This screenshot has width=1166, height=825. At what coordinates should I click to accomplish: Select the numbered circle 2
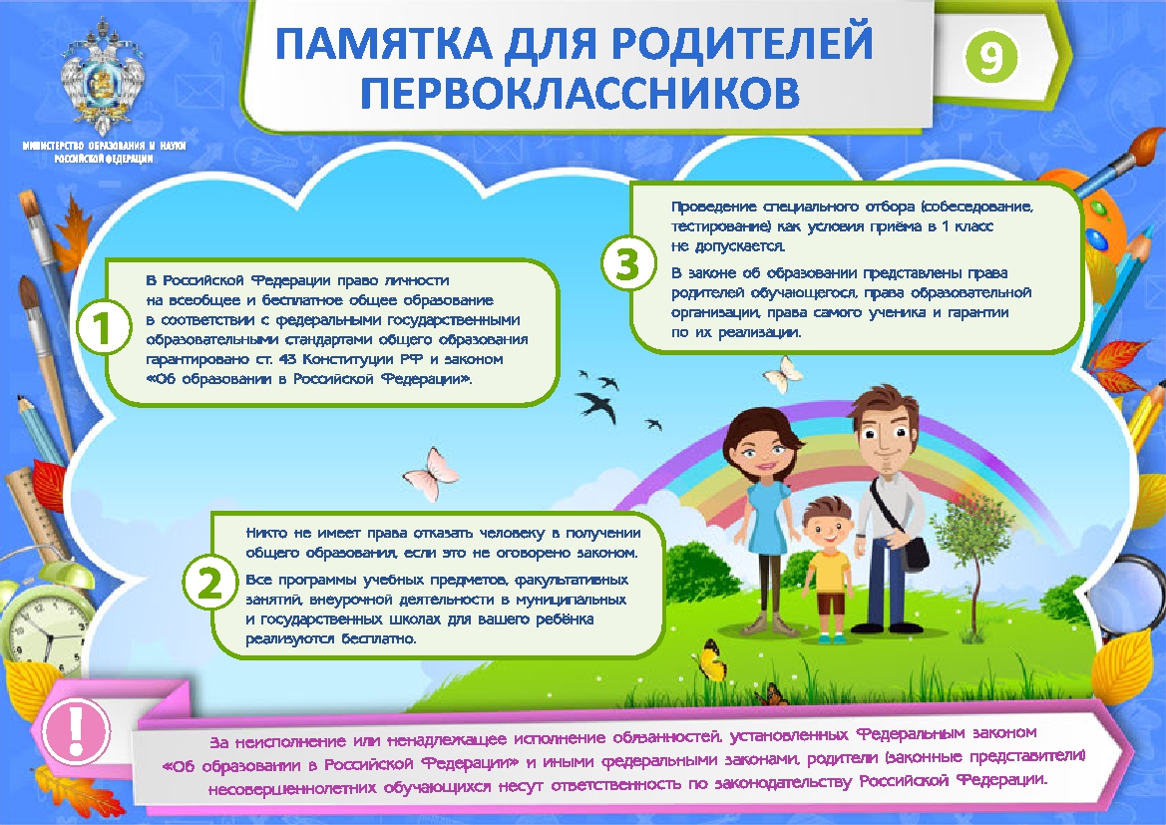click(x=209, y=584)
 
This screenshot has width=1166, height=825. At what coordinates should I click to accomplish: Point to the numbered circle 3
click(x=628, y=263)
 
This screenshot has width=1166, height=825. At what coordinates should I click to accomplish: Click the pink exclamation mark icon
click(x=75, y=730)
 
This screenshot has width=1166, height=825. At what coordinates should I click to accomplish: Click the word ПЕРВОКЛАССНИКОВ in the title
click(x=581, y=92)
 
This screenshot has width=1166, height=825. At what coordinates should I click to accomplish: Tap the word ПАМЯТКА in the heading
click(x=383, y=43)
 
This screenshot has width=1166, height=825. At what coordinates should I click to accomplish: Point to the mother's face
click(x=759, y=450)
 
